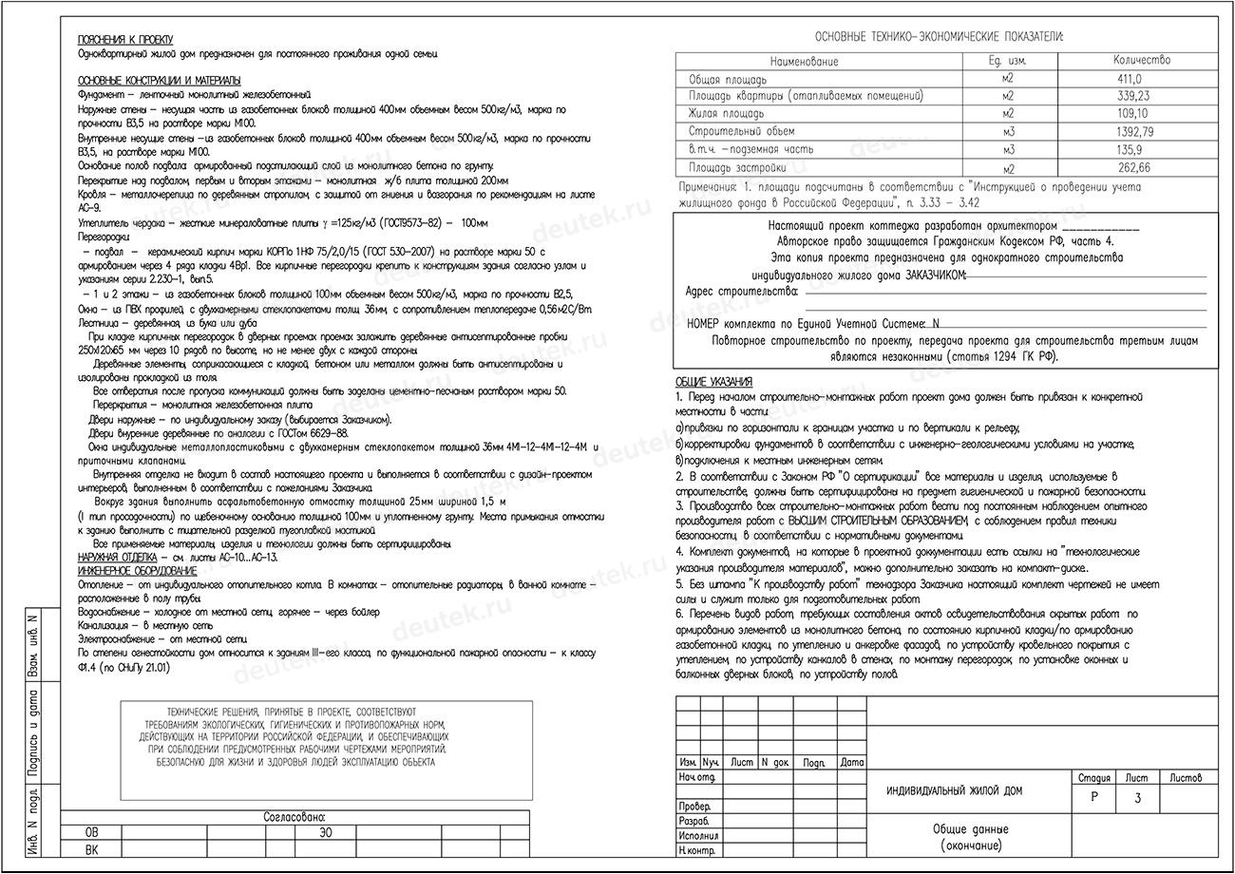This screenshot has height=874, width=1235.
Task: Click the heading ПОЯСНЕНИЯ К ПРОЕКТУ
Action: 125,40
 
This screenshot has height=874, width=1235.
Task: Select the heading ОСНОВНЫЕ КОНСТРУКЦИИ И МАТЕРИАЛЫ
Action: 159,81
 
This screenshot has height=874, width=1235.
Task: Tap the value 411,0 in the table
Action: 1130,79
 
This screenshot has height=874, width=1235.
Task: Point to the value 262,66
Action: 1134,167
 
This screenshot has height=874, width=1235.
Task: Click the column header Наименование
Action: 805,61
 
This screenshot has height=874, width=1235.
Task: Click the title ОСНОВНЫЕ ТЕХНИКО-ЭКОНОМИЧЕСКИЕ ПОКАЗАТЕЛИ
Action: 939,37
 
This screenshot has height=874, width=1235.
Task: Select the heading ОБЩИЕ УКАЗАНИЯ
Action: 713,381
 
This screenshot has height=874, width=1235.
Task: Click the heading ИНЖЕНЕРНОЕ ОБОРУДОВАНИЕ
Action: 137,571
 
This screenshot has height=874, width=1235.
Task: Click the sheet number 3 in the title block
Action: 1138,798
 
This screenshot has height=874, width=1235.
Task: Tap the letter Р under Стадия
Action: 1093,797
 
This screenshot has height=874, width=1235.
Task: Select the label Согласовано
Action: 294,817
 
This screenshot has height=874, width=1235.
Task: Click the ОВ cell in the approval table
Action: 91,833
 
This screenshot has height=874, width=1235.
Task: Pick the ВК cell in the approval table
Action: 91,849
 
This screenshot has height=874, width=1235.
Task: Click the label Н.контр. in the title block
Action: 697,851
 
